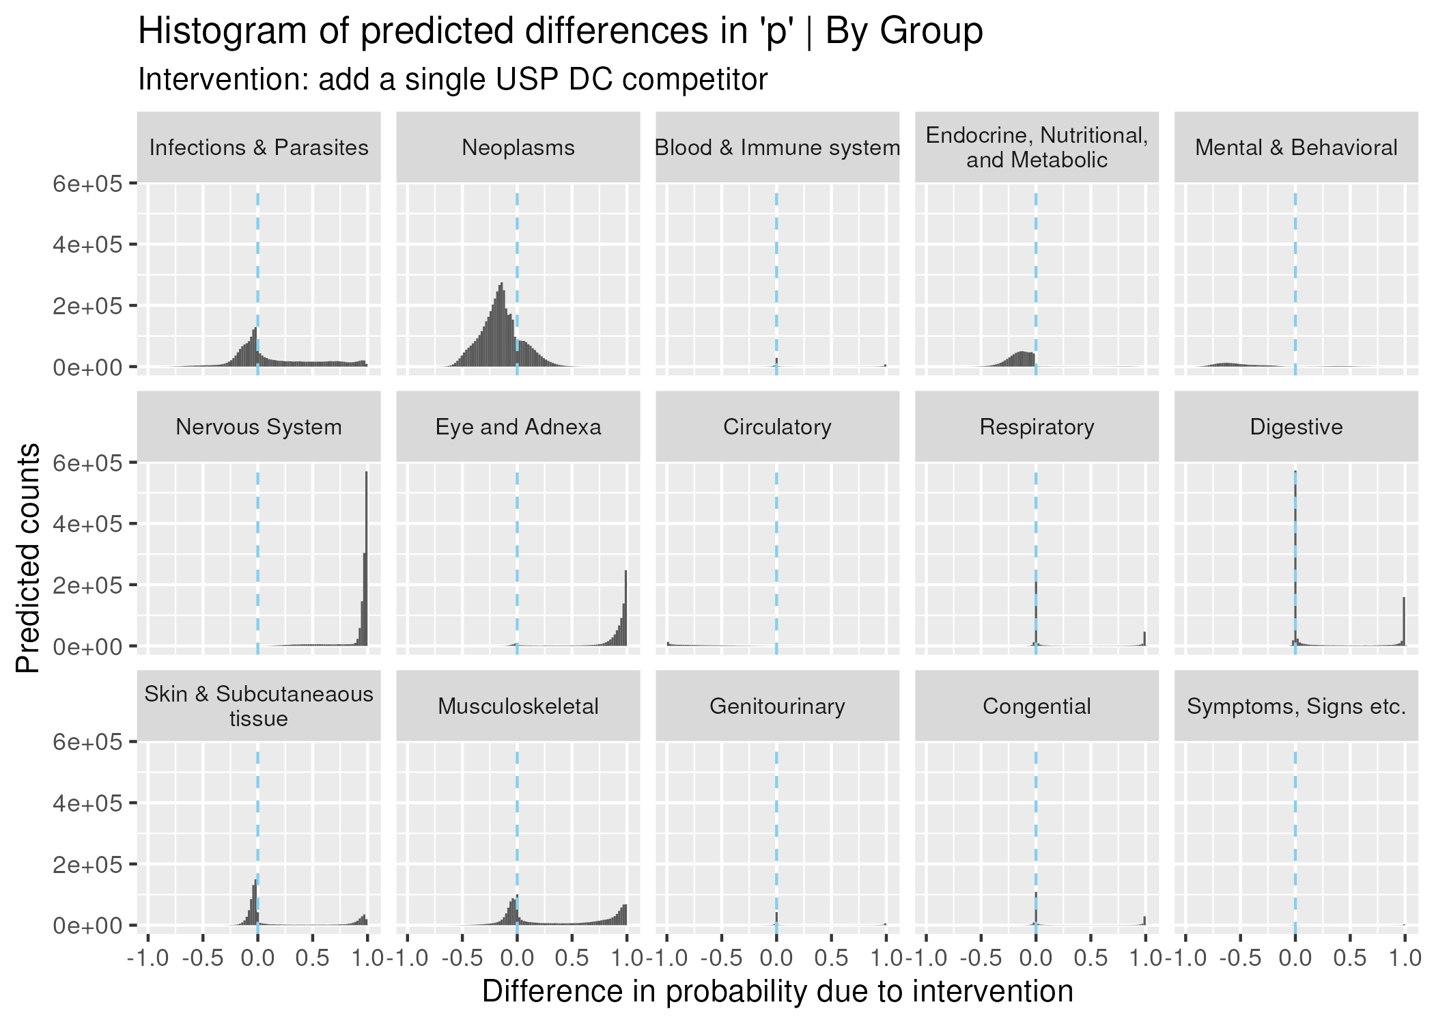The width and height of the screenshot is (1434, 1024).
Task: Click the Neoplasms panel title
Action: [518, 148]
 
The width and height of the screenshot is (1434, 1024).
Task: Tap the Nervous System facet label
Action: [258, 427]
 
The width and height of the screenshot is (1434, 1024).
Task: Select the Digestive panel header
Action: [1295, 427]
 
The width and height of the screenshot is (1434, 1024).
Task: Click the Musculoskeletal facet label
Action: [518, 706]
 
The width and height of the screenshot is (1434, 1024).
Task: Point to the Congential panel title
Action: [1036, 706]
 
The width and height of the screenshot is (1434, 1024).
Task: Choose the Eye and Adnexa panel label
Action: [518, 427]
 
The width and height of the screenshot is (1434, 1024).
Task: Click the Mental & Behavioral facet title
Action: [1295, 148]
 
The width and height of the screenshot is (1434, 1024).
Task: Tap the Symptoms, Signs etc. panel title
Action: [1295, 706]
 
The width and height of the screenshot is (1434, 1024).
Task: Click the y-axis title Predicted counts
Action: [28, 557]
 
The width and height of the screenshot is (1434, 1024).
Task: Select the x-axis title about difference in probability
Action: [777, 991]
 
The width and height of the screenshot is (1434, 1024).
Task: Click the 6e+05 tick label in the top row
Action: [87, 184]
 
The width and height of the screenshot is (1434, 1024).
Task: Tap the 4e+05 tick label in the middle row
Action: [87, 524]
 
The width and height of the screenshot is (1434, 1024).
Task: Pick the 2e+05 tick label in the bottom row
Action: [87, 865]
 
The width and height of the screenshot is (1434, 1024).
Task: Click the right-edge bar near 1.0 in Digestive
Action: [1404, 622]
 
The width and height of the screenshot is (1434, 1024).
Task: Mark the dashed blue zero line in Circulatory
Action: [776, 560]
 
